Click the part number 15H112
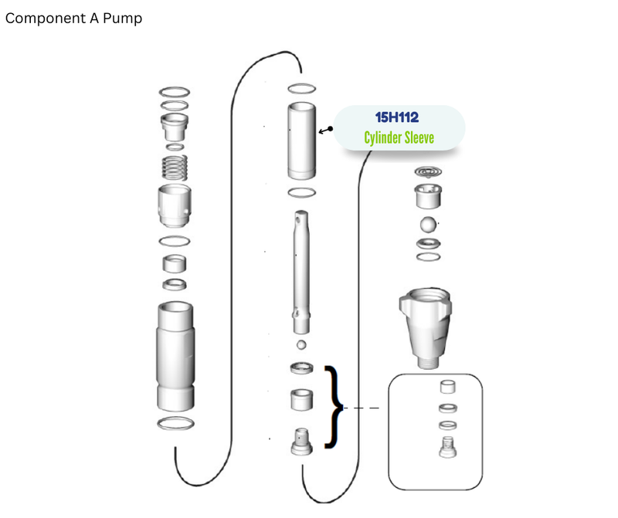coord(396,117)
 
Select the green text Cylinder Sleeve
coord(399,137)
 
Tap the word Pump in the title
coord(122,19)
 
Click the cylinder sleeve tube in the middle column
coord(301,141)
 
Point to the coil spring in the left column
coord(175,168)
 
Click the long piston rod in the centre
coord(301,272)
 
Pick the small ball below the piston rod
coord(301,344)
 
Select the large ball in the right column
coord(428,225)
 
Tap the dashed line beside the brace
coord(361,408)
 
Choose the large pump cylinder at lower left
coord(175,357)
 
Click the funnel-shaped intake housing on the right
coord(426,328)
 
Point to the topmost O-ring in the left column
coord(175,92)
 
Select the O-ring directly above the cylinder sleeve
coord(301,89)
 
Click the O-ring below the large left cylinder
coord(175,424)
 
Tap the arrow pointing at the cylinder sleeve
coord(325,130)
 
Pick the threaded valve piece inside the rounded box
coord(448,447)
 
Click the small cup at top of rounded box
coord(448,387)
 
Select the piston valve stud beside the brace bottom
coord(301,442)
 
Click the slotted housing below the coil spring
coord(175,205)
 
